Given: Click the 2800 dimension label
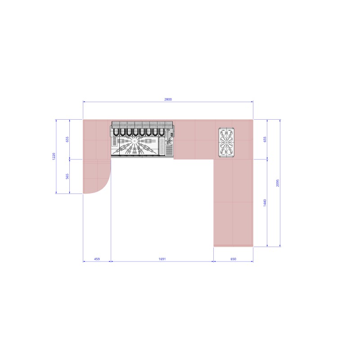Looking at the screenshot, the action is pos(168,99).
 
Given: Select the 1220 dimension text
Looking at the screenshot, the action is pos(54,156).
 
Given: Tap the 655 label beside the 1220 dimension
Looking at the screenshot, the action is pos(67,139).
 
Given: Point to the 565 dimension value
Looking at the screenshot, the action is pos(67,176).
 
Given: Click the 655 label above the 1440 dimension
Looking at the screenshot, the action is pos(265,139).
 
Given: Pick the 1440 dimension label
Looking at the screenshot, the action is pos(265,203).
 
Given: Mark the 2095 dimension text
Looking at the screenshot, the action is pos(278,183).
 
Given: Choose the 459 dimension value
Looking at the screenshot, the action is pos(97,259).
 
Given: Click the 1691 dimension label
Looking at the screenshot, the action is pos(162,259).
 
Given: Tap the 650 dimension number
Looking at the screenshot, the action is pos(233,259).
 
